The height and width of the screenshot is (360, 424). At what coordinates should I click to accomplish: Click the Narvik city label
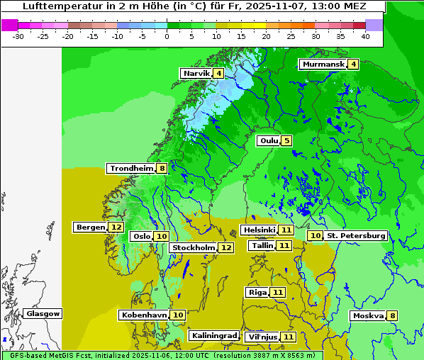[x=197, y=74]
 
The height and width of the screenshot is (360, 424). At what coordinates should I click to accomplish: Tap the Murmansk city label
[x=323, y=64]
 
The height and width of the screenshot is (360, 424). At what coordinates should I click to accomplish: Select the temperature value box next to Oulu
[x=286, y=140]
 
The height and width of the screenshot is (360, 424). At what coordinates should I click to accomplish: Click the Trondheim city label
[x=132, y=169]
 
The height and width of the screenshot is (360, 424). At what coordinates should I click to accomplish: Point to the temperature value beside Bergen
[x=116, y=227]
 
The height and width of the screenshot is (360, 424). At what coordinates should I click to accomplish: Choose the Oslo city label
[x=142, y=237]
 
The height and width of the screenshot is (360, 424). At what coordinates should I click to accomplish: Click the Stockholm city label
[x=194, y=248]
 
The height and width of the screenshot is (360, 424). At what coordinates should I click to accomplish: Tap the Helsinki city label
[x=259, y=230]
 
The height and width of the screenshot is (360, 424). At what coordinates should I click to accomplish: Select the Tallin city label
[x=262, y=246]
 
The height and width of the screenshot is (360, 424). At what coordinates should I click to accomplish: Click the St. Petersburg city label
[x=356, y=235]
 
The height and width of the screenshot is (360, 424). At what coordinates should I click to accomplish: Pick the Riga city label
[x=257, y=293]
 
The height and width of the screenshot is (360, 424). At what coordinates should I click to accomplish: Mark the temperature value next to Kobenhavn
[x=178, y=315]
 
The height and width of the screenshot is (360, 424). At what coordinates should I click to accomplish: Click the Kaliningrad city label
[x=213, y=336]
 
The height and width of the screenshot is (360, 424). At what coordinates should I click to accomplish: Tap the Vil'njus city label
[x=262, y=337]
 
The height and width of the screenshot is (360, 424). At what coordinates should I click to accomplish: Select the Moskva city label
[x=368, y=316]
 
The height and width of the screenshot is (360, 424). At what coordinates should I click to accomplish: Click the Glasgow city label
[x=43, y=314]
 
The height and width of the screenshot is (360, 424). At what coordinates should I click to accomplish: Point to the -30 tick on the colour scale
[x=18, y=35]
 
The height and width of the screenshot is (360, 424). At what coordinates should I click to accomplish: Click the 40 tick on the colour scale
[x=365, y=35]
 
